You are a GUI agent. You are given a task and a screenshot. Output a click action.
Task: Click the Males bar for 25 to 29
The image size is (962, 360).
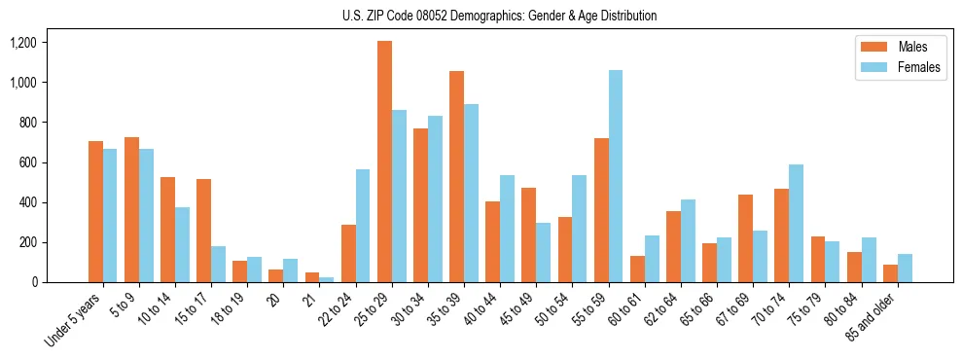pos(384,162)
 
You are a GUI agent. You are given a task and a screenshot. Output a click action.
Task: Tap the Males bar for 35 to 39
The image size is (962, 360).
pos(456,176)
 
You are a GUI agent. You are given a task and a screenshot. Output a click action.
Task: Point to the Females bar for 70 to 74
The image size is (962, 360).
pos(796,223)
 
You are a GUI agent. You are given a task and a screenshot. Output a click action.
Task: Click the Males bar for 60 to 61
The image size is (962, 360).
pos(637,269)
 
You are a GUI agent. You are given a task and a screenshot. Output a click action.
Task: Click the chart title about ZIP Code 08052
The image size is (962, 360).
pos(499,16)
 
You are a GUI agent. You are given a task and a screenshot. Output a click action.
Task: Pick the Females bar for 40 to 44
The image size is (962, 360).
pos(507,229)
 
